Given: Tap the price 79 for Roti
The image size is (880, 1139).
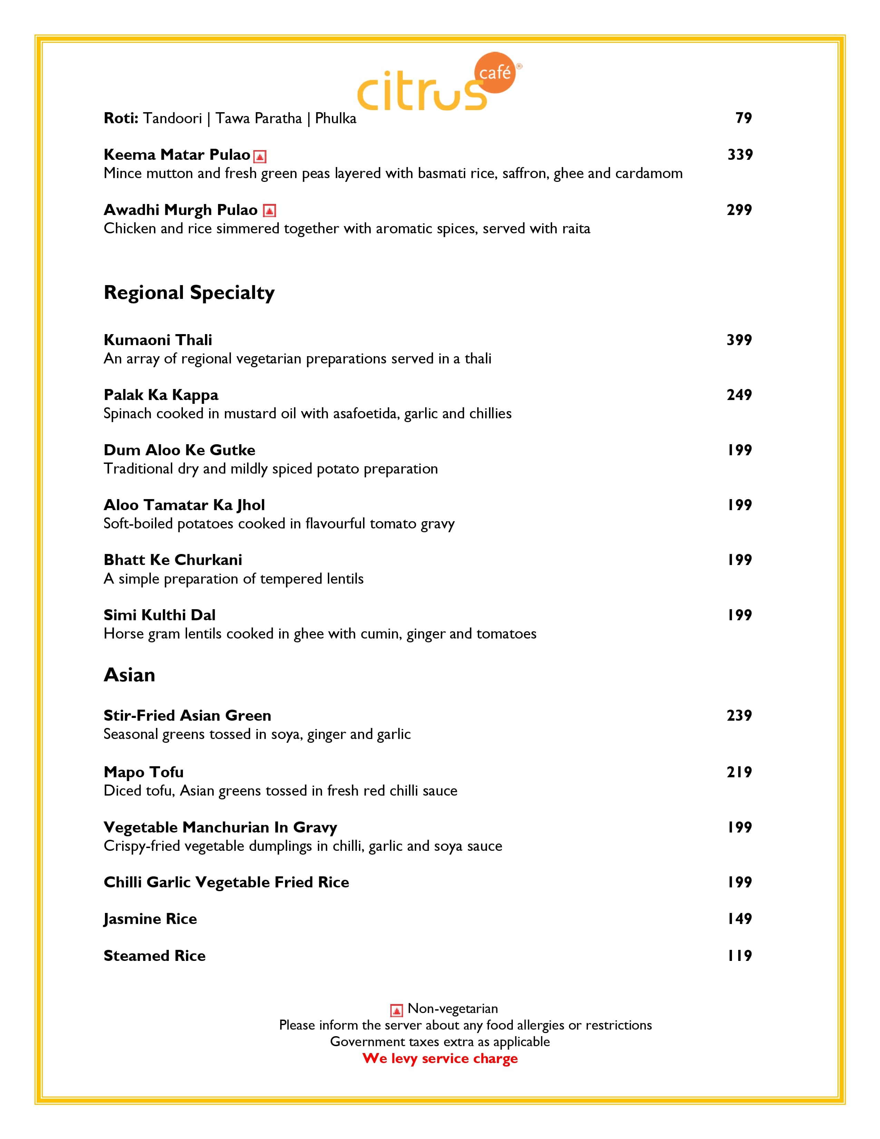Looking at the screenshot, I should (x=743, y=118).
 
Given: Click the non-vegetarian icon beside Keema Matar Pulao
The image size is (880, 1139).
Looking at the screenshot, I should (x=260, y=156).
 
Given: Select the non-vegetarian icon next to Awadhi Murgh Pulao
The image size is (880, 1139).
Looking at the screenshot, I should (x=269, y=211).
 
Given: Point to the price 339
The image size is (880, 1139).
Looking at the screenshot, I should (x=740, y=154).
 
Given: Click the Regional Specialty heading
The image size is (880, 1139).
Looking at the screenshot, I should (x=189, y=293).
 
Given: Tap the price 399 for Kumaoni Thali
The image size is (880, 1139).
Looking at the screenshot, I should (x=739, y=340).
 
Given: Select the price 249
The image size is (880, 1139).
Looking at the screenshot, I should (x=739, y=395).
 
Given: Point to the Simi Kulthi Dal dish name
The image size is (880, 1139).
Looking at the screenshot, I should (x=159, y=615).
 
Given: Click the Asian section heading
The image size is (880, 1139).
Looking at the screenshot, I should (x=129, y=675).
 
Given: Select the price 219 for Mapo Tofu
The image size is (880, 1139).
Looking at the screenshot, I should (x=739, y=772).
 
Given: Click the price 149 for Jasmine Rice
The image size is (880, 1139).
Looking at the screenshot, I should (x=739, y=918).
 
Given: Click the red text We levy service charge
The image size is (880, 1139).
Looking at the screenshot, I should (x=440, y=1058).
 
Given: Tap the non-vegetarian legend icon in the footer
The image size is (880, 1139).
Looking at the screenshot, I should (x=396, y=1011).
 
